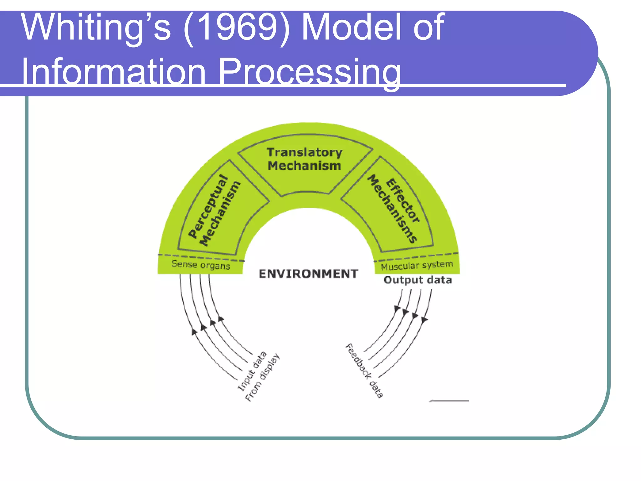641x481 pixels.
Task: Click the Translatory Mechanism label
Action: tap(304, 159)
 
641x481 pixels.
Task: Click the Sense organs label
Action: tap(201, 265)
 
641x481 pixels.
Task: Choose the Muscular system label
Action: tap(417, 265)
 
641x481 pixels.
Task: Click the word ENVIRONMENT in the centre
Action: tap(308, 274)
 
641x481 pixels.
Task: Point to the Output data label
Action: tap(418, 280)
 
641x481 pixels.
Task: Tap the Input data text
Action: tap(252, 371)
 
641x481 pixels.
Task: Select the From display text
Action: tap(262, 377)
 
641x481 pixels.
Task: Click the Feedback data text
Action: tap(364, 371)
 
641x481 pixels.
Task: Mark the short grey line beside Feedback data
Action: tap(449, 401)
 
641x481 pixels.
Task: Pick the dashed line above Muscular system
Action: tap(416, 257)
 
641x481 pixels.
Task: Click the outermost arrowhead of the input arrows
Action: tap(194, 332)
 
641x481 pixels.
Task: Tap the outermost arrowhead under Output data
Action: tap(424, 320)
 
